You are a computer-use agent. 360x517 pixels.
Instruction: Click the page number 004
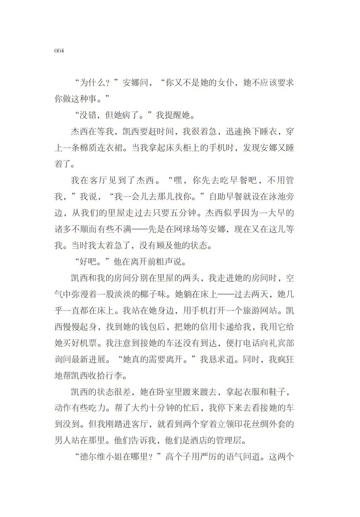point(59,52)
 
